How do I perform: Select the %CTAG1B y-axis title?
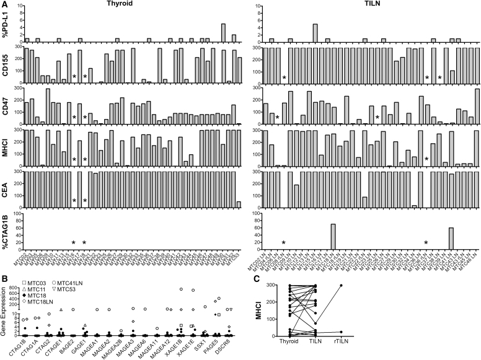pos(9,229)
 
